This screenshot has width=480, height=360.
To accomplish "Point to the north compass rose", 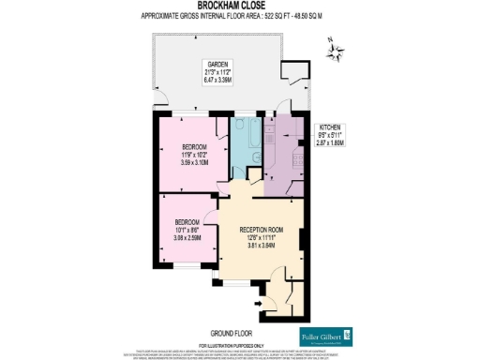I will [338, 44].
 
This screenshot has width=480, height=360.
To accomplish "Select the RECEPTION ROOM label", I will [262, 230].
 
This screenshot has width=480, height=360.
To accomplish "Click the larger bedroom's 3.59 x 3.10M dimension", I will [195, 163].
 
